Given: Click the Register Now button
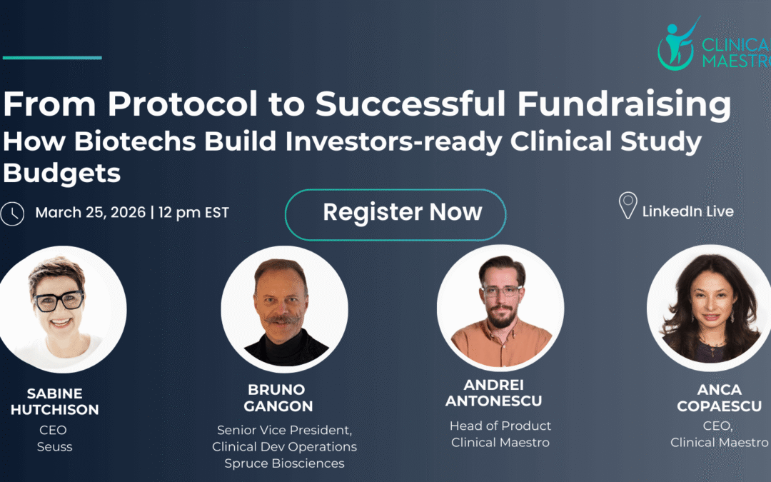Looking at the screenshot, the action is tap(395, 214).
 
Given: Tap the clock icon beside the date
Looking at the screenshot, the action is tap(12, 214).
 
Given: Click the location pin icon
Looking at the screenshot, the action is tap(628, 205).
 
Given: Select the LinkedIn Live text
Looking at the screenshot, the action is tap(688, 211).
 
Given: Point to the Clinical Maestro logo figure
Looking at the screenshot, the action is tap(677, 44).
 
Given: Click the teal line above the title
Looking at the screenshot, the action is tap(52, 58).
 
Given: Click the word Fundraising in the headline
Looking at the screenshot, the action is tap(624, 105).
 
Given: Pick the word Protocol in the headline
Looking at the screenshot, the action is tap(183, 104).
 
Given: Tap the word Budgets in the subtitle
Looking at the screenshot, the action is tap(62, 174).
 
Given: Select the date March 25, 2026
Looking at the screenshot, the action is tap(91, 213).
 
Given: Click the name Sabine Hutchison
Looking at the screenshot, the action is tap(54, 401).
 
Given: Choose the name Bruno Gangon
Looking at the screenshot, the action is tap(278, 398).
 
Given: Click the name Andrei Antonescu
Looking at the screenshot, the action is tap(494, 393).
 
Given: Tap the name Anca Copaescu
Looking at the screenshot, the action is tap(720, 398).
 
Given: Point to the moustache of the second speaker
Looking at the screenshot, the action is tap(282, 320).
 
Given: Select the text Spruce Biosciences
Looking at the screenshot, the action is tap(284, 463).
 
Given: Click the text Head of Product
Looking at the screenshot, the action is tap(500, 426).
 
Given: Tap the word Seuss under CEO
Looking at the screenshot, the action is tap(54, 446).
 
